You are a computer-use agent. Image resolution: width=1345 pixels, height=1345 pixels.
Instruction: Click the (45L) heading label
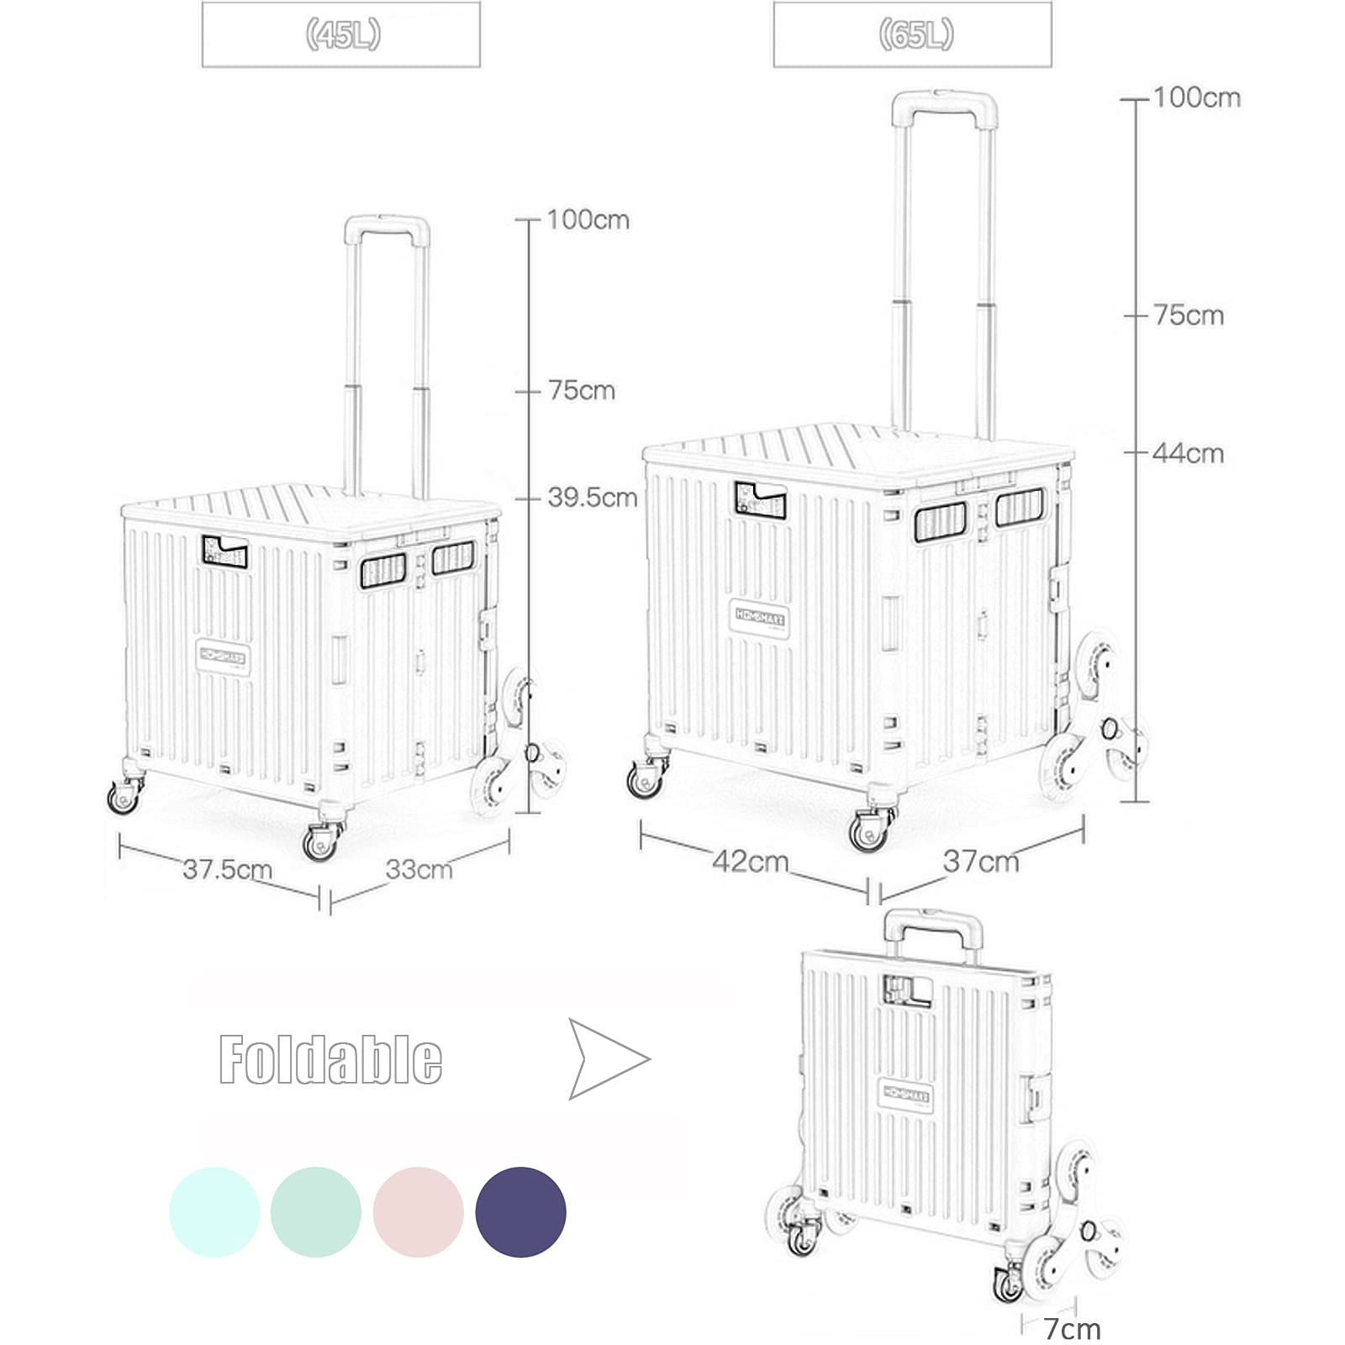point(342,35)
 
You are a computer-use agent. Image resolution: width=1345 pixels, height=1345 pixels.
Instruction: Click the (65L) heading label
point(915,35)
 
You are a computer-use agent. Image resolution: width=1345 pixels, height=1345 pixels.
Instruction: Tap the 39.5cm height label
point(592,498)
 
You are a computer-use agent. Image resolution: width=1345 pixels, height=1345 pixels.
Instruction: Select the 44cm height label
point(1187,454)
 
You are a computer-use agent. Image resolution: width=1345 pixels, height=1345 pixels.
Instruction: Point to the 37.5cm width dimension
point(227,869)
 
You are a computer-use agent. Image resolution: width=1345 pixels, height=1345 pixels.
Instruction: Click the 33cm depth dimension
point(419,869)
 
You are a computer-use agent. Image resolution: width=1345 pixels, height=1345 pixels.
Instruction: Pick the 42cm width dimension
point(750,862)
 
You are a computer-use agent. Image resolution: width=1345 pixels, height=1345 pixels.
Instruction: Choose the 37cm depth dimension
point(980,862)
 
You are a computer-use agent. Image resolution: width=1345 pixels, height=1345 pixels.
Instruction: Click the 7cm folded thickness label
point(1072,1329)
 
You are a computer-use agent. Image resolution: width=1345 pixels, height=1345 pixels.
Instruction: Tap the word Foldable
point(330,1060)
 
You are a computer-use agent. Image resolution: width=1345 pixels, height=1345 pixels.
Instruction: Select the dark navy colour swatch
point(520,1212)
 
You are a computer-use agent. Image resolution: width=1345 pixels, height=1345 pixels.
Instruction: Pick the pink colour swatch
point(418,1212)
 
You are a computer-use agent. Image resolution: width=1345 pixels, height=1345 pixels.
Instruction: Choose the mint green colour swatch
point(316,1212)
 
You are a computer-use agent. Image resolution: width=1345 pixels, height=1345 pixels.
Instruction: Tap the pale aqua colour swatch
point(214,1212)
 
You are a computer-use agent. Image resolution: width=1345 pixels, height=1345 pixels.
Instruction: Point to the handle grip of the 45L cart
point(387,225)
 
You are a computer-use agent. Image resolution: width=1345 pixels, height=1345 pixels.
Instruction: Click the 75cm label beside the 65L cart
point(1188,316)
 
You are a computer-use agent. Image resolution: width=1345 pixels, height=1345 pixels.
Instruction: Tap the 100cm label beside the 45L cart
point(588,220)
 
